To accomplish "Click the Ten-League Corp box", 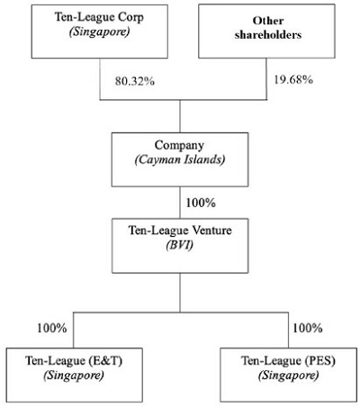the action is [x=100, y=32].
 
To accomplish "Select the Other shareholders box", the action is [x=266, y=31].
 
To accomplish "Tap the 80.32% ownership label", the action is [x=135, y=81].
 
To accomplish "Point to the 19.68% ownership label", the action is [x=293, y=80].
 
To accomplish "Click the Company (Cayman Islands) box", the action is [x=180, y=159].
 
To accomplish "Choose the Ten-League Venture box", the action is [x=180, y=246].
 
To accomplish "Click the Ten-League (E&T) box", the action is [x=74, y=375].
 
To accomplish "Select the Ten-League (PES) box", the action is [x=289, y=375].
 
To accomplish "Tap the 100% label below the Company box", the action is [x=201, y=203].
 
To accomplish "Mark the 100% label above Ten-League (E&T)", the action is [x=52, y=328].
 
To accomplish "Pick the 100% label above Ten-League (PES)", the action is [x=308, y=328].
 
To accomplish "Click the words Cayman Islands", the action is [x=180, y=159].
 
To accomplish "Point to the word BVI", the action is [x=180, y=245].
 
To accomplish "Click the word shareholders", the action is [x=268, y=35].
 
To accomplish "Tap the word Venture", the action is [x=211, y=231].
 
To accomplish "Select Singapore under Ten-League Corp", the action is [x=100, y=32].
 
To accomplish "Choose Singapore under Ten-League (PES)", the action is [x=288, y=376].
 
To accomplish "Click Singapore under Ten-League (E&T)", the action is [x=74, y=376].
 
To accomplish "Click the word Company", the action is [x=179, y=146].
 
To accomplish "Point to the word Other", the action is [x=268, y=21].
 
